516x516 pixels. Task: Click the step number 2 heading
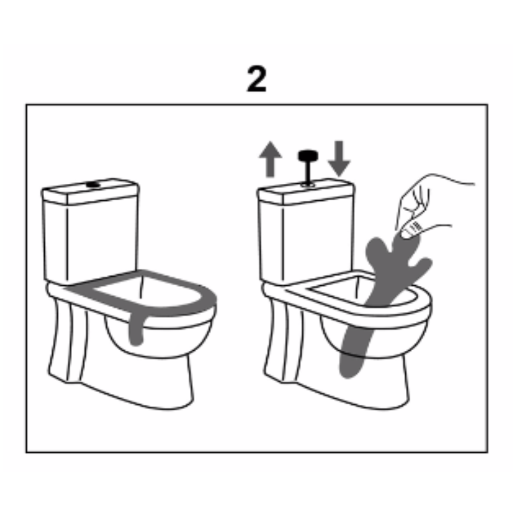(256, 79)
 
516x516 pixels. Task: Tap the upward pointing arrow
(270, 159)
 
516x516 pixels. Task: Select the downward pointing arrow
(339, 158)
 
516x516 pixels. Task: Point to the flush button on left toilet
(93, 184)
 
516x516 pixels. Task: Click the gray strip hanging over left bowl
(136, 329)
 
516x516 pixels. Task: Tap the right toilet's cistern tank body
(306, 240)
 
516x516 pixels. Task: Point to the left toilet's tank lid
(91, 191)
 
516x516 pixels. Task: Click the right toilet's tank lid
(306, 192)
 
